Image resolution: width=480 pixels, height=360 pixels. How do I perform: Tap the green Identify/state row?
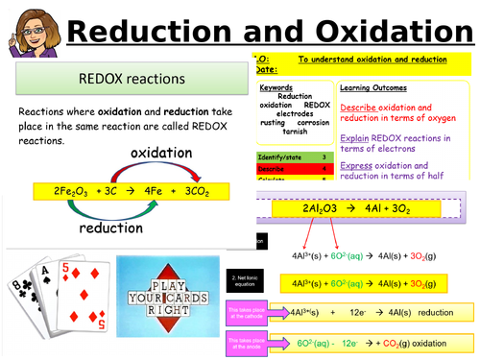[282, 156]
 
